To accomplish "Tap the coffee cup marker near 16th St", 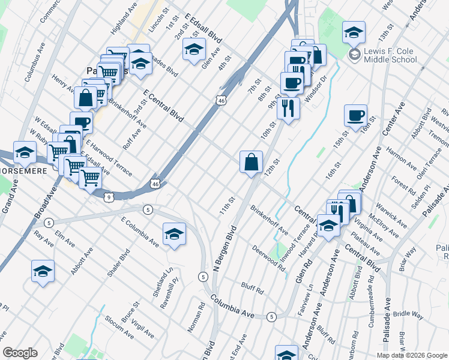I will [355, 115].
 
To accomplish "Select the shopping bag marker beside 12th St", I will [251, 162].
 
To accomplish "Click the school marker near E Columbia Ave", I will [174, 233].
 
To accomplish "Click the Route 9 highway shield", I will [109, 196].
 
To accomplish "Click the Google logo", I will [20, 353].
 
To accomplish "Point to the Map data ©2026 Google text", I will [412, 355].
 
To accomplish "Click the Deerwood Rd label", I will [268, 256].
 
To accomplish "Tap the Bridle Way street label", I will [409, 314].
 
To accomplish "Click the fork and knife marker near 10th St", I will [289, 108].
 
